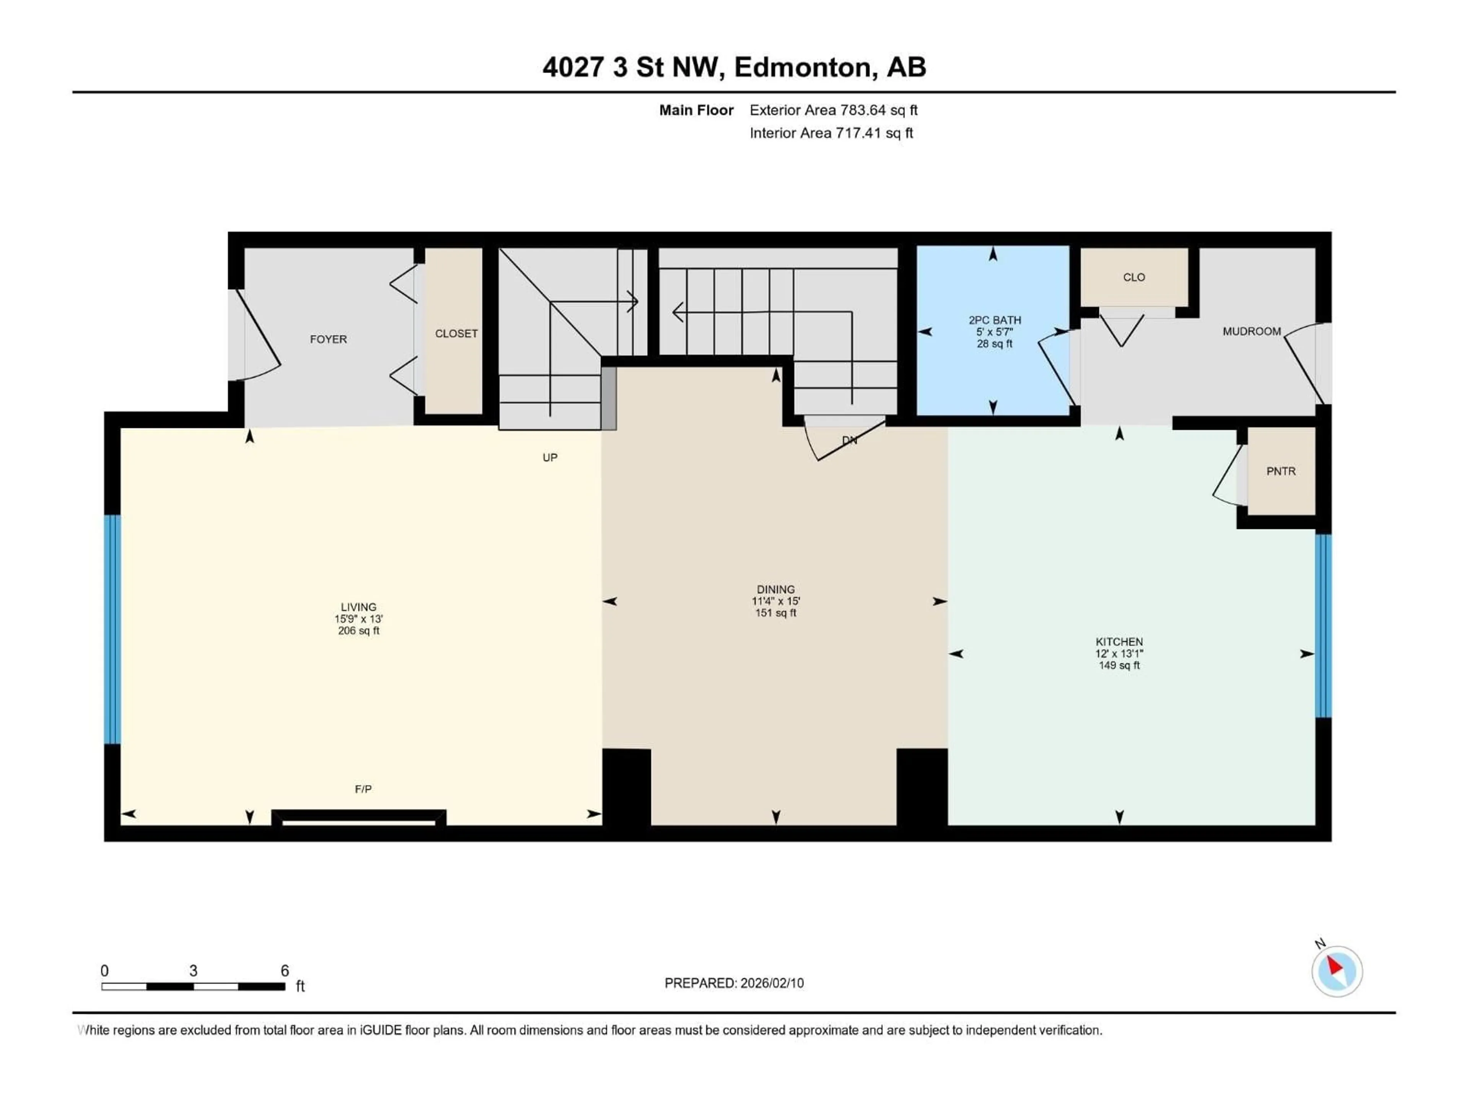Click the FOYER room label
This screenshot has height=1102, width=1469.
pos(328,339)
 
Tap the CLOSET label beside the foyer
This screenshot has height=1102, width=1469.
pos(456,333)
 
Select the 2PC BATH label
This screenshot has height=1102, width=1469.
pos(994,320)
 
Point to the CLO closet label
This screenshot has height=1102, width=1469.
pos(1134,278)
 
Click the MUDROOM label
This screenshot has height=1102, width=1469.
pos(1251,331)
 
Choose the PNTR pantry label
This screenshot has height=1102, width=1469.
pos(1280,471)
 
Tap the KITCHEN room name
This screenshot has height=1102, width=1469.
pos(1119,642)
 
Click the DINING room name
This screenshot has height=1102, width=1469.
pos(775,589)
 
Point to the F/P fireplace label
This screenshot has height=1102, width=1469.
pos(363,789)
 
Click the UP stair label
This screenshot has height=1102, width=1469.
pos(550,458)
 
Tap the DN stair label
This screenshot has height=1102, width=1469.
pos(849,440)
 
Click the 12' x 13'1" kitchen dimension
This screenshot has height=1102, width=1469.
pos(1119,654)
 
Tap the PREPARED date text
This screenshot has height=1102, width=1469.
pos(734,983)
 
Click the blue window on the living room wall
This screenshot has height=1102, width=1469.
pos(112,629)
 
